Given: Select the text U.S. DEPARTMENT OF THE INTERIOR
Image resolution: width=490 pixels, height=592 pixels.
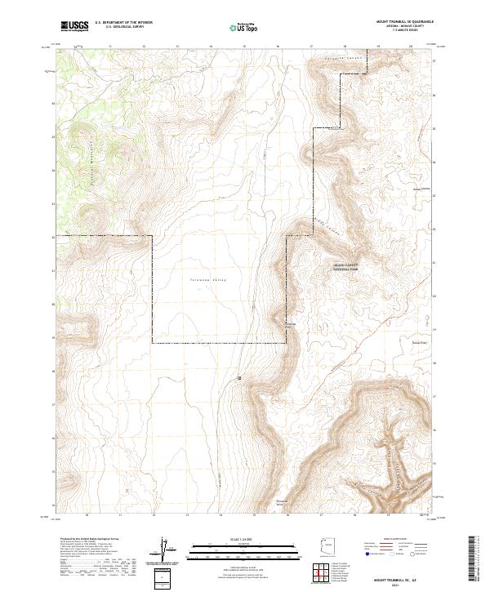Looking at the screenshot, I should [123, 23].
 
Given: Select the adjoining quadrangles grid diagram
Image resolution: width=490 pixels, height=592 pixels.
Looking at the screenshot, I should [324, 573].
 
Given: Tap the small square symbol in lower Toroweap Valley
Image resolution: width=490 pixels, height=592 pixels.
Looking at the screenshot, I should [239, 378].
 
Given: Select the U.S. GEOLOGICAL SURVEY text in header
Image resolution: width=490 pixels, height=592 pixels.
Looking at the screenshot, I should [118, 27].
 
